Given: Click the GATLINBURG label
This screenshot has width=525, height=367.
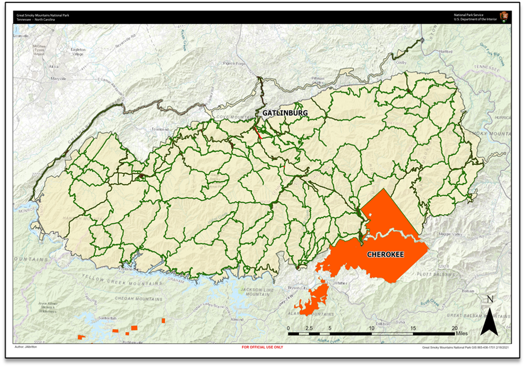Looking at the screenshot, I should tap(285, 113).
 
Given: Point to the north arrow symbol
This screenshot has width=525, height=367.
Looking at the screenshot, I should tap(489, 320).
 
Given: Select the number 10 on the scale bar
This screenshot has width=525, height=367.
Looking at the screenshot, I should tap(371, 328).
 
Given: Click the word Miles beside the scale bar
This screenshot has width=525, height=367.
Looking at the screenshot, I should tap(462, 333).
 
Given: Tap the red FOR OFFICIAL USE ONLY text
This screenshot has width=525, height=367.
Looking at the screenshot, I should tap(262, 347).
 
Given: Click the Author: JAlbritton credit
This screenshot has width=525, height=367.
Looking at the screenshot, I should tap(26, 347).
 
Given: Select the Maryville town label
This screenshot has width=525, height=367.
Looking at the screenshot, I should tap(58, 79).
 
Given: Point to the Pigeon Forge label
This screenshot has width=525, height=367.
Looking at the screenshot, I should tap(235, 63).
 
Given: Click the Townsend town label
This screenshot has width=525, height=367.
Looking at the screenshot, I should tap(160, 129).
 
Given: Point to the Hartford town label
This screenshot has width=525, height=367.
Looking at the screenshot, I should tap(446, 51).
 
